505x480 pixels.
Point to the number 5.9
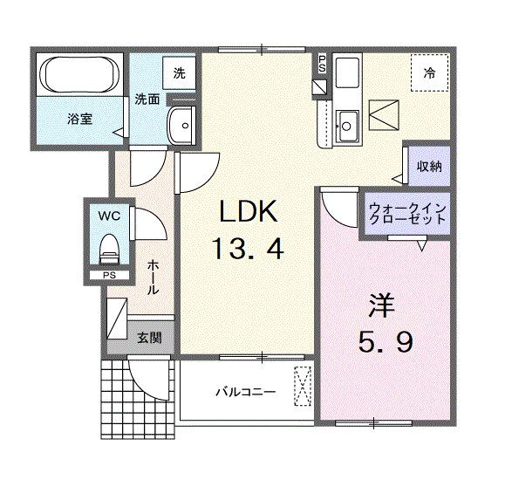click(381, 342)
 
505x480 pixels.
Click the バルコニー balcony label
click(245, 392)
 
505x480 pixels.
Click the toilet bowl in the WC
click(109, 247)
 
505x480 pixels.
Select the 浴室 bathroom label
click(80, 119)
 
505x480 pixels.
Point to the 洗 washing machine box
click(179, 73)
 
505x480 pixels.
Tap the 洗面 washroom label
click(146, 99)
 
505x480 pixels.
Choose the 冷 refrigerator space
click(428, 73)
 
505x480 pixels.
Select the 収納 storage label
click(427, 165)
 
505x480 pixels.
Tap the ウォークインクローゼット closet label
click(407, 214)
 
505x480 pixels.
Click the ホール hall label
click(153, 276)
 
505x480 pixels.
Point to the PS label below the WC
click(109, 276)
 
